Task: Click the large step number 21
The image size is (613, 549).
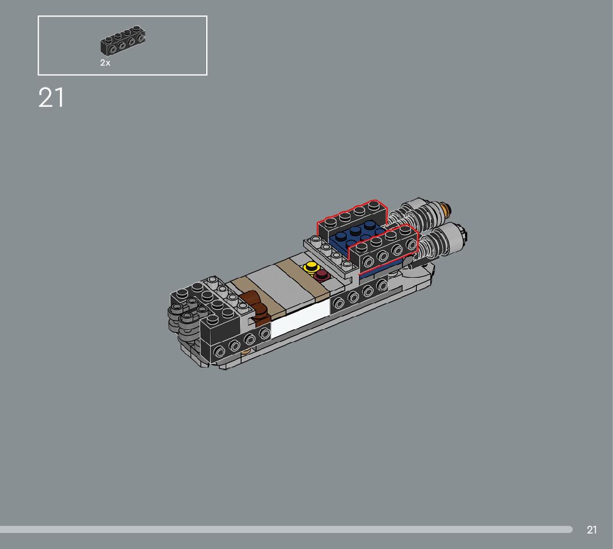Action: pos(51,97)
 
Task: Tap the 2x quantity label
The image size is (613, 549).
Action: pos(105,63)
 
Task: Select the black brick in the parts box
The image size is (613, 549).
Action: pos(122,40)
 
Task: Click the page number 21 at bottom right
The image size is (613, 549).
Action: pos(591,530)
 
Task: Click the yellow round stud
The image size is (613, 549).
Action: pos(311,267)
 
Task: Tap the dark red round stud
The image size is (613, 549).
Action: pos(322,275)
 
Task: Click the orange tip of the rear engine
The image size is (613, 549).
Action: pos(446,207)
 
